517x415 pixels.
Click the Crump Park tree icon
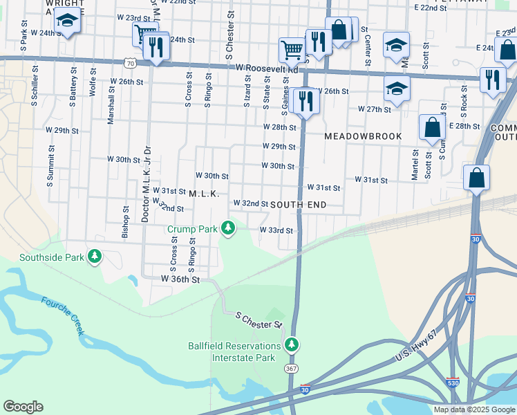pyautogui.click(x=227, y=228)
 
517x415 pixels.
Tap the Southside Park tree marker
pyautogui.click(x=95, y=258)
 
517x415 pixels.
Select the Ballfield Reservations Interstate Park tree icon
pyautogui.click(x=292, y=344)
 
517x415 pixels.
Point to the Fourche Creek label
pyautogui.click(x=62, y=316)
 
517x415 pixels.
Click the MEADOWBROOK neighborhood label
pyautogui.click(x=363, y=136)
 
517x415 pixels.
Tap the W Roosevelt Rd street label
pyautogui.click(x=267, y=69)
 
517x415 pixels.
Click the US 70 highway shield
pyautogui.click(x=129, y=63)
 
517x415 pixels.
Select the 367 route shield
pyautogui.click(x=292, y=369)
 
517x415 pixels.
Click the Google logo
pyautogui.click(x=23, y=407)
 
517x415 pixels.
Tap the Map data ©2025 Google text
pyautogui.click(x=473, y=409)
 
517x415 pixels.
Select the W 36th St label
pyautogui.click(x=180, y=279)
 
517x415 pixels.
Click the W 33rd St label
pyautogui.click(x=276, y=230)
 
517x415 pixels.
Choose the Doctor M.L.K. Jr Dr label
pyautogui.click(x=146, y=185)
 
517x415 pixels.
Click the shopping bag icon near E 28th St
pyautogui.click(x=432, y=127)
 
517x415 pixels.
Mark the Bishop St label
pyautogui.click(x=125, y=222)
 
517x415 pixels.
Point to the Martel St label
pyautogui.click(x=415, y=165)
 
